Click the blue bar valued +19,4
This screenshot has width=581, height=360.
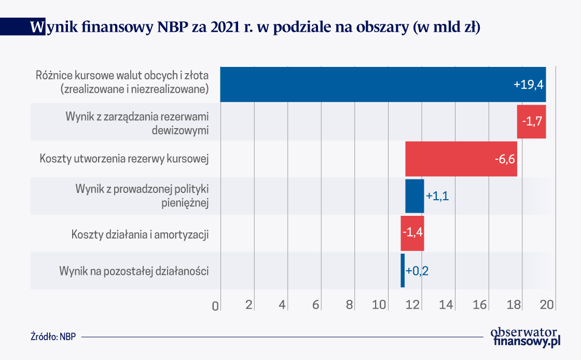383,84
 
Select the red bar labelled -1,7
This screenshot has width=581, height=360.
531,121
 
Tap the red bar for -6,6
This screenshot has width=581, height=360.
461,159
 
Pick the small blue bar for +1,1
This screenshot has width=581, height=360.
414,196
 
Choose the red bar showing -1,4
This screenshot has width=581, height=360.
412,233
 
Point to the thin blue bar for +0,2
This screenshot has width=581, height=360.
403,270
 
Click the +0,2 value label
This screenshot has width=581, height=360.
417,271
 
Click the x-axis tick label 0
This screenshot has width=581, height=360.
216,306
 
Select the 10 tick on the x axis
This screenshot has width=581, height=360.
380,306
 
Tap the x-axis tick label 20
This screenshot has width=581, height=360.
547,306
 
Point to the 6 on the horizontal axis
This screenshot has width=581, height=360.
316,306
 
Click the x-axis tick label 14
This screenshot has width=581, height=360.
447,306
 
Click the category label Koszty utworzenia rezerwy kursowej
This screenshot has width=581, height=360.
124,159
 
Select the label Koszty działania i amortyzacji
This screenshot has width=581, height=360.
140,234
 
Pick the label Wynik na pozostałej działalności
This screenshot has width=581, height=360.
134,271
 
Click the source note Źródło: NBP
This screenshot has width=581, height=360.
53,336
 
